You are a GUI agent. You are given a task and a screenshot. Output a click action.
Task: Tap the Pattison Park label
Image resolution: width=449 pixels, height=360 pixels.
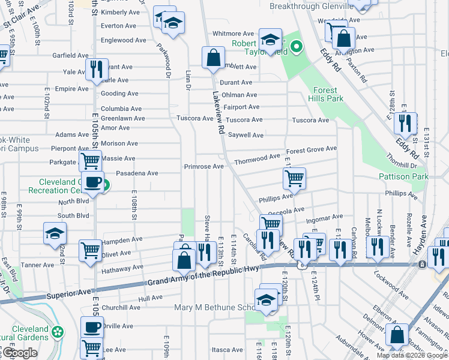click(x=403, y=176)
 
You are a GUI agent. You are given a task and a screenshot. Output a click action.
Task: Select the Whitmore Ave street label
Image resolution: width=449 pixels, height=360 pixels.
click(x=234, y=34)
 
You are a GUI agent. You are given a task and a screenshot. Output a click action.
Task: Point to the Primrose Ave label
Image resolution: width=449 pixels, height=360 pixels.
click(x=203, y=166)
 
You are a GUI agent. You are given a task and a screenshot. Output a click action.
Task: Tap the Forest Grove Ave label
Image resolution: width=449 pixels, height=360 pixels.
click(x=311, y=150)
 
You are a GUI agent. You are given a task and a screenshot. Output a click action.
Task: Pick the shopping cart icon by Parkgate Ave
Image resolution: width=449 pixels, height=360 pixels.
click(x=89, y=160)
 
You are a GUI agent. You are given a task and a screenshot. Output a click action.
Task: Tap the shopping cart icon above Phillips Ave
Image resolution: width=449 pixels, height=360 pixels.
click(x=294, y=177)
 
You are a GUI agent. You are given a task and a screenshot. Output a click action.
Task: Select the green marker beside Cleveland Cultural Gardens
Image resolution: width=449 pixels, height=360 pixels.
click(x=58, y=331)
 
